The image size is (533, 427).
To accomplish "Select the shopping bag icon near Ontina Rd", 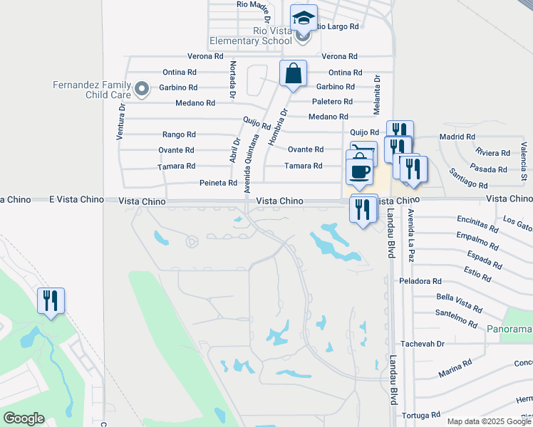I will [x=293, y=73].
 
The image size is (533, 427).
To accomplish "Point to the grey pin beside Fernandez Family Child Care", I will [x=142, y=89].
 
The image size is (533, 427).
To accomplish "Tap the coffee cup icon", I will [x=358, y=171].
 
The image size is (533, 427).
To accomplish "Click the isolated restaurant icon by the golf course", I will [x=51, y=300].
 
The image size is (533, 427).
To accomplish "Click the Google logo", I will [x=24, y=418].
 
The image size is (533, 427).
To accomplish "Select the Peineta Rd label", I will [x=217, y=183].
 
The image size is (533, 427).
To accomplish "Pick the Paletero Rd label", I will [x=333, y=102].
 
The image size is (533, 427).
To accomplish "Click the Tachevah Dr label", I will [x=422, y=343].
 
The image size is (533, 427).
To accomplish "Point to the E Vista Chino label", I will [x=26, y=199].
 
